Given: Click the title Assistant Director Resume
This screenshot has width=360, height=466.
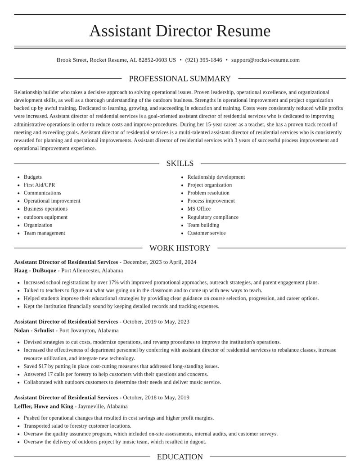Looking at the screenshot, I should pyautogui.click(x=180, y=31).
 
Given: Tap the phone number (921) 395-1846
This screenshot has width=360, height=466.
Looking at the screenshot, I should pyautogui.click(x=203, y=60).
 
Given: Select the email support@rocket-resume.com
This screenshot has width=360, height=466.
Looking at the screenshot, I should pyautogui.click(x=265, y=60).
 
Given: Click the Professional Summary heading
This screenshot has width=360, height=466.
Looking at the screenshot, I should pyautogui.click(x=180, y=79).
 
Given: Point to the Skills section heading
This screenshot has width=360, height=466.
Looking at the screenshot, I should pyautogui.click(x=180, y=163).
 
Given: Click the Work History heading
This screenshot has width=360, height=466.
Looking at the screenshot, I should pyautogui.click(x=180, y=248).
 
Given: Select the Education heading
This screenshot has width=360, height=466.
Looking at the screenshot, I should pyautogui.click(x=180, y=457).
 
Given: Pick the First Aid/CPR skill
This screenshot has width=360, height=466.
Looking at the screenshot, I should pyautogui.click(x=39, y=185).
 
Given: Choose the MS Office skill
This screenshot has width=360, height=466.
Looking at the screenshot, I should pyautogui.click(x=199, y=209).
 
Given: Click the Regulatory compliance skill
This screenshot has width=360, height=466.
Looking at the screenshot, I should pyautogui.click(x=213, y=217).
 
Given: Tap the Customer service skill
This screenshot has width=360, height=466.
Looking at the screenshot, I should pyautogui.click(x=207, y=233).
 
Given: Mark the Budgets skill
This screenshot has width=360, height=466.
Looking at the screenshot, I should pyautogui.click(x=32, y=177).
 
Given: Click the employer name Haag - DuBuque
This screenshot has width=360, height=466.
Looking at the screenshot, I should pyautogui.click(x=35, y=271).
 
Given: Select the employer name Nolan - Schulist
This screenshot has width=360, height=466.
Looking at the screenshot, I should pyautogui.click(x=34, y=330).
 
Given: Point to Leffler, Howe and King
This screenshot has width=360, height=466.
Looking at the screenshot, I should pyautogui.click(x=44, y=407).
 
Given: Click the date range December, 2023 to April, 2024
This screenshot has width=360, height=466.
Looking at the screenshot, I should pyautogui.click(x=160, y=262).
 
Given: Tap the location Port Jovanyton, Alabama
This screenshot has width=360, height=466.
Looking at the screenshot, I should pyautogui.click(x=89, y=330).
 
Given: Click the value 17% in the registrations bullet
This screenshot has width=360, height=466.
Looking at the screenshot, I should pyautogui.click(x=114, y=282).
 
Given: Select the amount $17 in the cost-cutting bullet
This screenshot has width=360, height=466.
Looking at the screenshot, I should pyautogui.click(x=43, y=366).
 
